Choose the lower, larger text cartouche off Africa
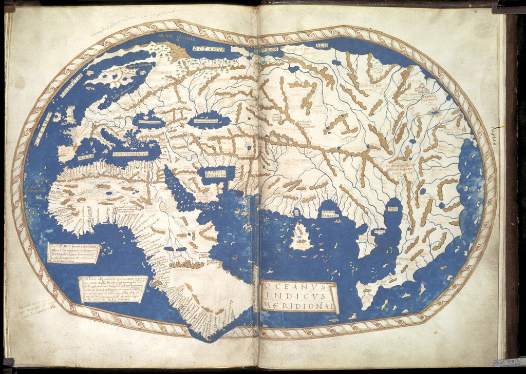click(113, 288)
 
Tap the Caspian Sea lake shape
click(209, 120)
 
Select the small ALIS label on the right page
click(322, 46)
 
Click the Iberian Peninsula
click(67, 150)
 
